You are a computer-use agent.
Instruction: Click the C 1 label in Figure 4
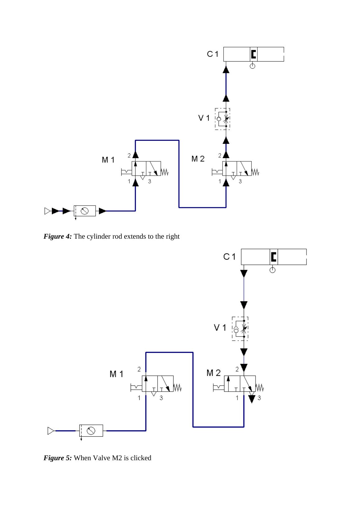[213, 54]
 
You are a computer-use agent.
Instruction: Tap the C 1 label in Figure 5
[229, 257]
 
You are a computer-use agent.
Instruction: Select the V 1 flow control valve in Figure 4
[223, 118]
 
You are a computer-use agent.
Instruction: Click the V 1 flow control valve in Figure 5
[240, 328]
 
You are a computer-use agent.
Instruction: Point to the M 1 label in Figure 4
[108, 160]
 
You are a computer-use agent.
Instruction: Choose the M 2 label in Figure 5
[214, 373]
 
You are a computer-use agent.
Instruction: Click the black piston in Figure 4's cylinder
[254, 54]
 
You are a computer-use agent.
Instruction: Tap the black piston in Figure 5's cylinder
[274, 257]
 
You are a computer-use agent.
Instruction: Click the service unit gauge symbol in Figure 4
[85, 211]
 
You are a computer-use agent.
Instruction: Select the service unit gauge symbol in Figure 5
[91, 431]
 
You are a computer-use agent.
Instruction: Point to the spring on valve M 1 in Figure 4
[165, 172]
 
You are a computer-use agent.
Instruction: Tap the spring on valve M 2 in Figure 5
[260, 387]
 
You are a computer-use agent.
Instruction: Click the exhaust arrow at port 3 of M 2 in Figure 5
[252, 398]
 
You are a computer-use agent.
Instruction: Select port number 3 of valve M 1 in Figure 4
[150, 181]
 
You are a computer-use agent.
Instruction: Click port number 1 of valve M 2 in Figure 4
[220, 181]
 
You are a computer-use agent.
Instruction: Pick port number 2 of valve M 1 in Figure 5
[139, 369]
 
